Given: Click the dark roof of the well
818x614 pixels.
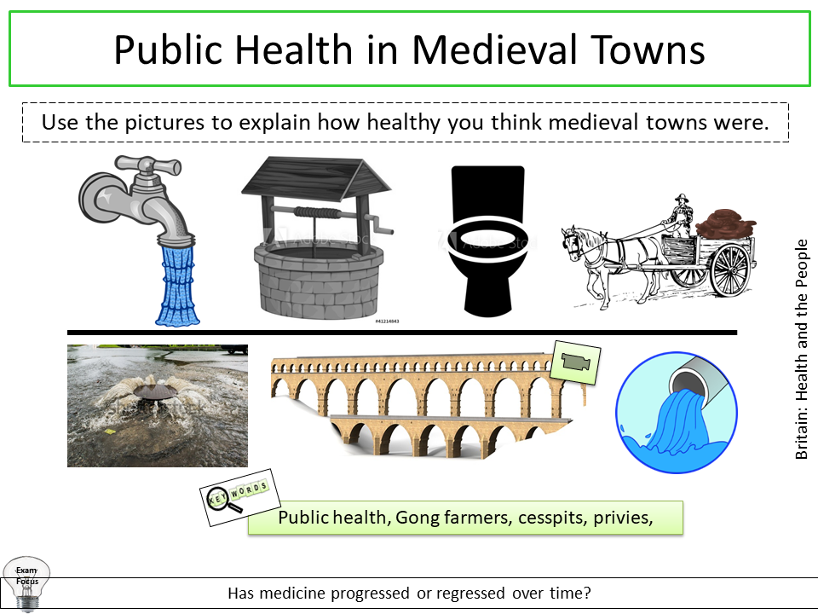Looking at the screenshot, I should coord(312,175).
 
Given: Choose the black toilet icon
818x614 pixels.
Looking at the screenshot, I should coord(487,239).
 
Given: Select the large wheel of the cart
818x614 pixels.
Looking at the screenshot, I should coord(729,269).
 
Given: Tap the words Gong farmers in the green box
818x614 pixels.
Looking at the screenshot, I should coord(447,518).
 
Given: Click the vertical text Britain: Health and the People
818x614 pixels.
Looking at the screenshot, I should coord(802,350).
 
